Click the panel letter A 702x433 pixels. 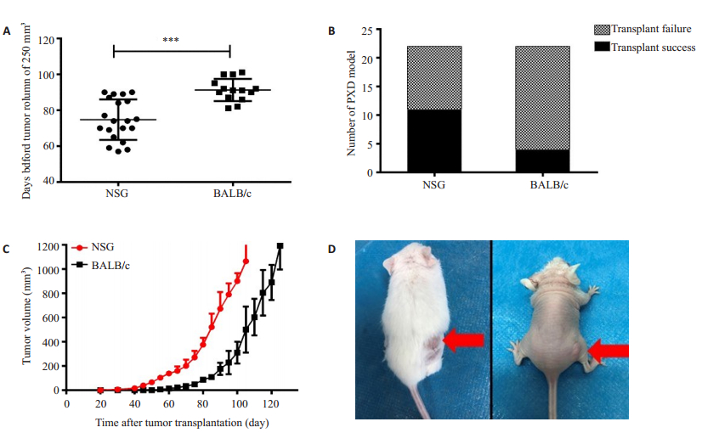(7, 31)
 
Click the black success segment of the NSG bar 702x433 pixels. (434, 141)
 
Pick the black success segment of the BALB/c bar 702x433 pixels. (542, 161)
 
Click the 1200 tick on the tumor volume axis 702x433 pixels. (48, 246)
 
